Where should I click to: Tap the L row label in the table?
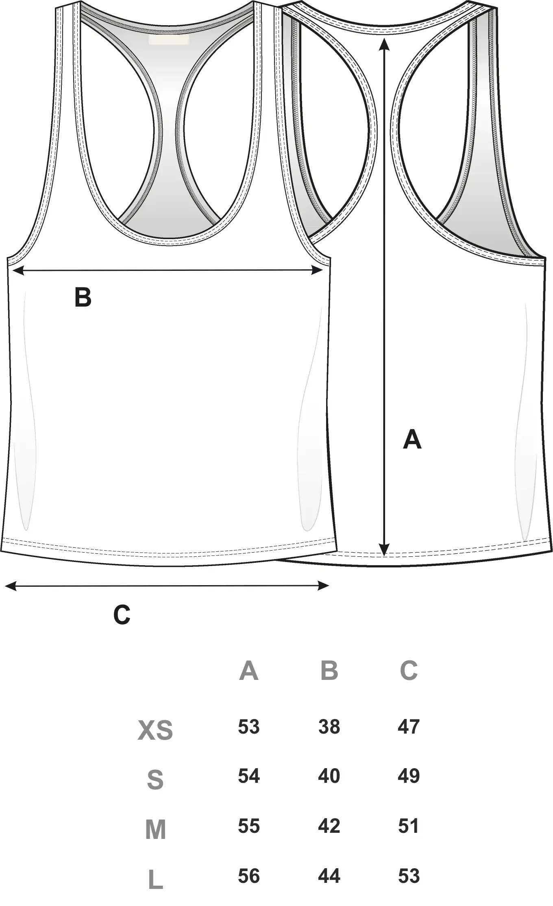(155, 880)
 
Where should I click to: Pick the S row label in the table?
(155, 780)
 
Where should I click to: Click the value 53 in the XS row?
(248, 726)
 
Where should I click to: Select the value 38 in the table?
(329, 726)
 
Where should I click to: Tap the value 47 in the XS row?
(409, 726)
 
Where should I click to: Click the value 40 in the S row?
(329, 776)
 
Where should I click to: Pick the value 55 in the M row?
(248, 826)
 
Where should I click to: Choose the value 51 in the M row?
(409, 826)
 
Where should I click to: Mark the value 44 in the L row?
(329, 876)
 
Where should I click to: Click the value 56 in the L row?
(248, 876)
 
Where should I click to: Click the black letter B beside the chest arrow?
(83, 297)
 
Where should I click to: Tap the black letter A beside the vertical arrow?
(412, 439)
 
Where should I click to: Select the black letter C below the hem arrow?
(122, 615)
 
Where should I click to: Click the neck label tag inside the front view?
(169, 39)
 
